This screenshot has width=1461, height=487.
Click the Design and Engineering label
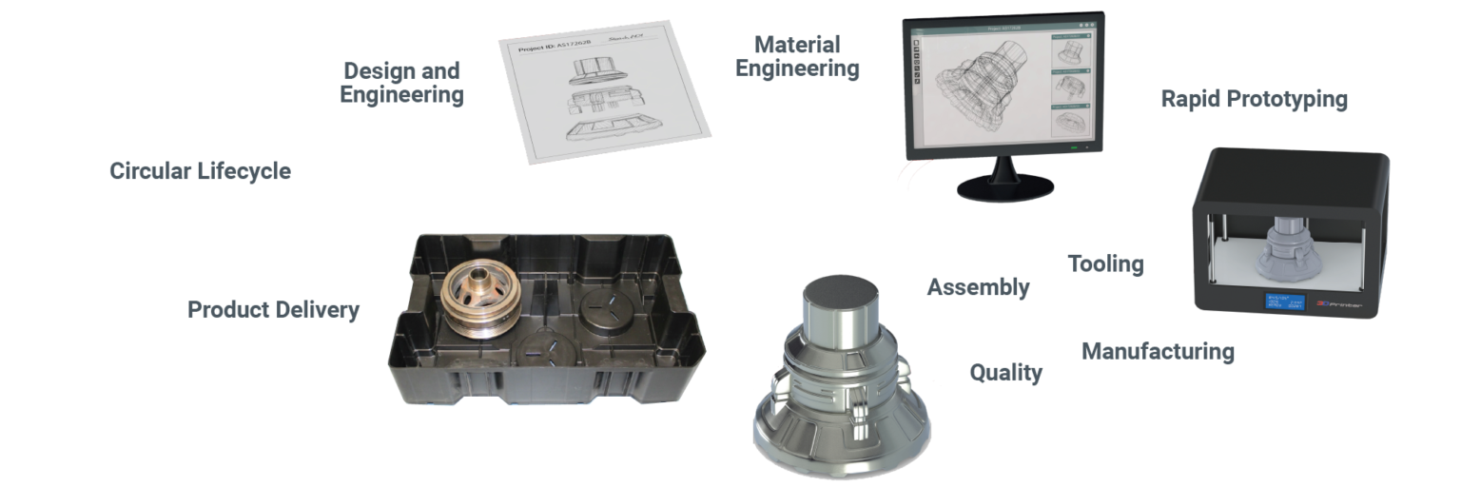pyautogui.click(x=401, y=83)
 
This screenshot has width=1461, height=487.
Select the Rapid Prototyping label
pyautogui.click(x=1254, y=100)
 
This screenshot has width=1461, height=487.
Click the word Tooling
pyautogui.click(x=1104, y=263)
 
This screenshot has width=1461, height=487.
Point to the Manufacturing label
pyautogui.click(x=1158, y=352)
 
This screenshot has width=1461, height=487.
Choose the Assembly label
pyautogui.click(x=978, y=287)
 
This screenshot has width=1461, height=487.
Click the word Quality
pyautogui.click(x=1005, y=373)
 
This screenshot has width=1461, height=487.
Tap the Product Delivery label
pyautogui.click(x=273, y=310)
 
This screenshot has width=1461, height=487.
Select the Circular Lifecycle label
pyautogui.click(x=199, y=171)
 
